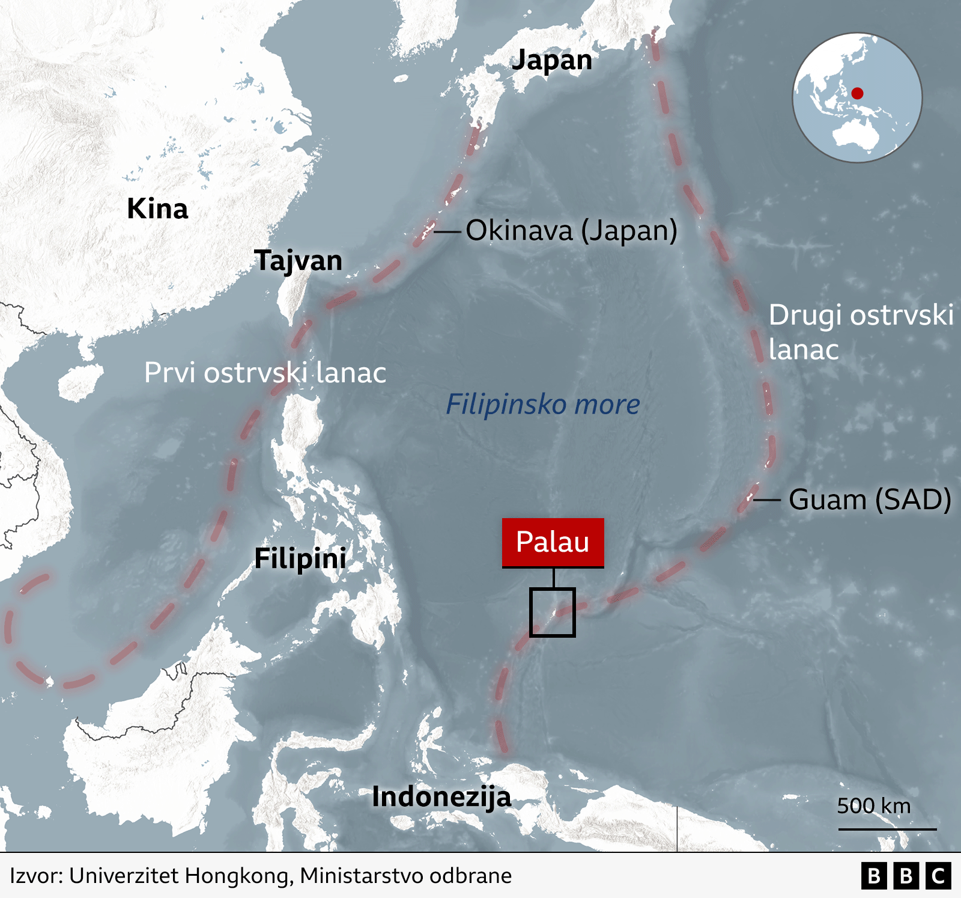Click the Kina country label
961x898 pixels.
(x=157, y=209)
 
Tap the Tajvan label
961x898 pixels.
(x=298, y=260)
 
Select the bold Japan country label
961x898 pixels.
(x=551, y=60)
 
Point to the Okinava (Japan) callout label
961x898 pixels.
(x=571, y=230)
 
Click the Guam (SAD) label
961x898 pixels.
(x=870, y=499)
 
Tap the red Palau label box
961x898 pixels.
(x=553, y=542)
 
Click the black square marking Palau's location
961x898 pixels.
(x=553, y=612)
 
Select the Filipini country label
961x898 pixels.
(x=300, y=558)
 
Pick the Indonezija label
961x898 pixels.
(x=441, y=797)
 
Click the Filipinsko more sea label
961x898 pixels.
(x=542, y=405)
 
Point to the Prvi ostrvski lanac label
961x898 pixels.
(x=265, y=373)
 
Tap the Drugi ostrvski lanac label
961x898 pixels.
(x=860, y=332)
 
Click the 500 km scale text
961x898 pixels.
(x=874, y=806)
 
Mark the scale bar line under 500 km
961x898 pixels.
(x=887, y=829)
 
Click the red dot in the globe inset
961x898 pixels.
(x=858, y=93)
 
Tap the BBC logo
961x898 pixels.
(x=906, y=876)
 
